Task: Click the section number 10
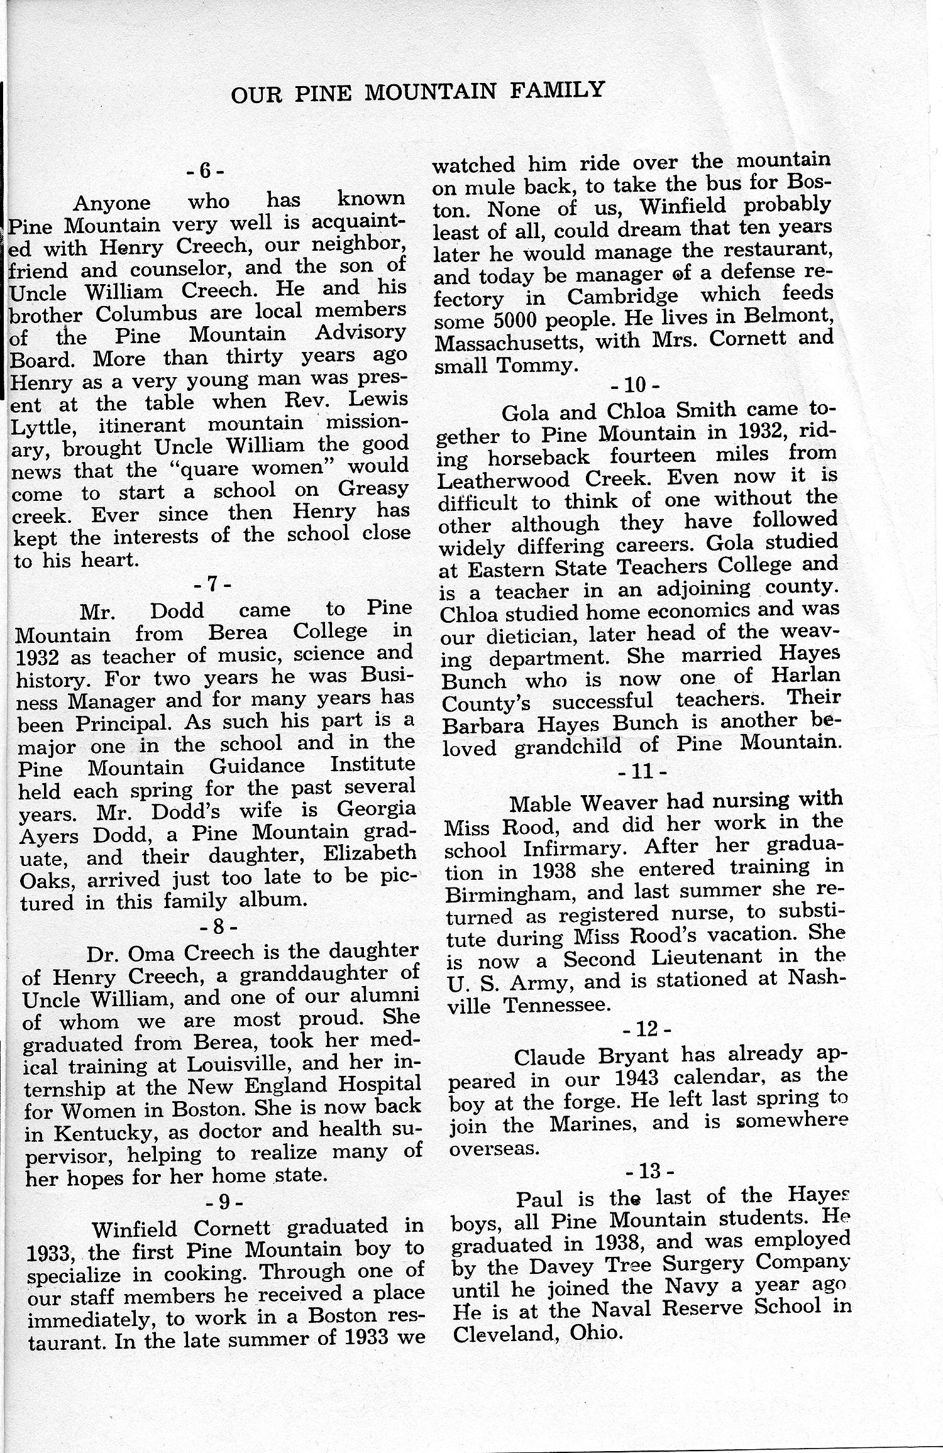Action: (634, 383)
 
